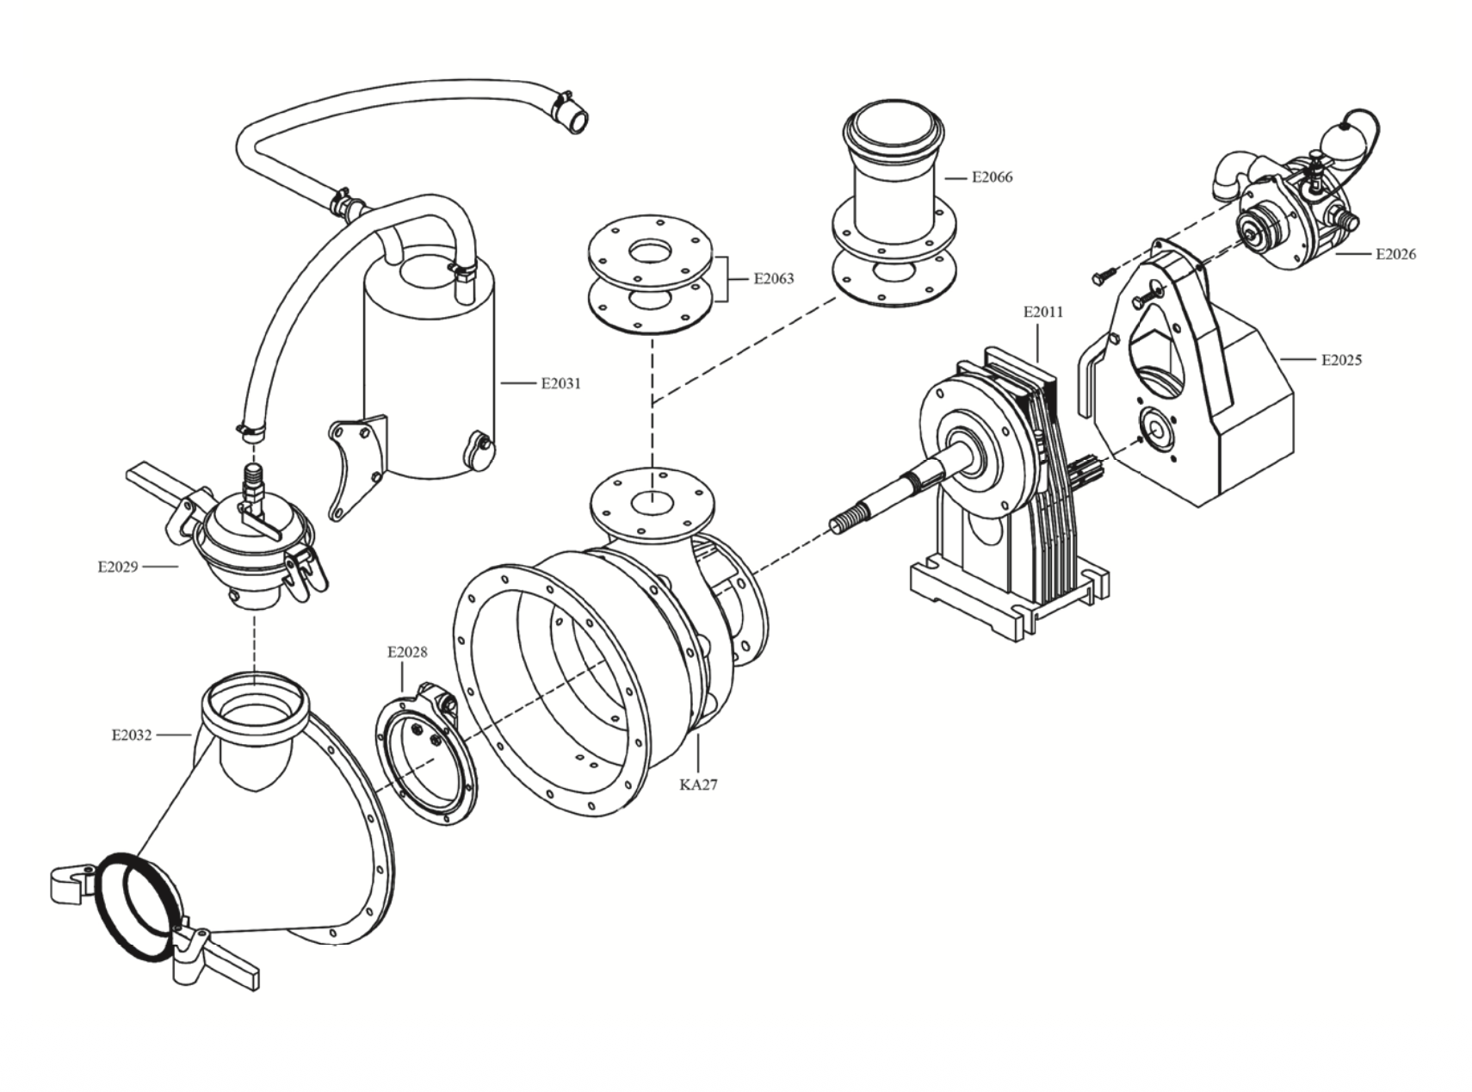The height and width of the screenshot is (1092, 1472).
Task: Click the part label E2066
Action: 992,177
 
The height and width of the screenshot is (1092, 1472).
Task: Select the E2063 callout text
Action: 774,279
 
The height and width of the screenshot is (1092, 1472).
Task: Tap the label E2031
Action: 560,384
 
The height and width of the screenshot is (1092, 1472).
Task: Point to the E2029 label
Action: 117,567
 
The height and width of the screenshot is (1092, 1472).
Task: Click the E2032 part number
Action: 131,735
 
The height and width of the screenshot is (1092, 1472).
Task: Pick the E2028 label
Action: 407,652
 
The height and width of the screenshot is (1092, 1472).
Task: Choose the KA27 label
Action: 698,785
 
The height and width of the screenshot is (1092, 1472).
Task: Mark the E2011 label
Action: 1043,312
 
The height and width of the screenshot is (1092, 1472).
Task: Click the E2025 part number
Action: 1341,360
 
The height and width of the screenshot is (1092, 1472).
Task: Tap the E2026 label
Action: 1395,254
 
